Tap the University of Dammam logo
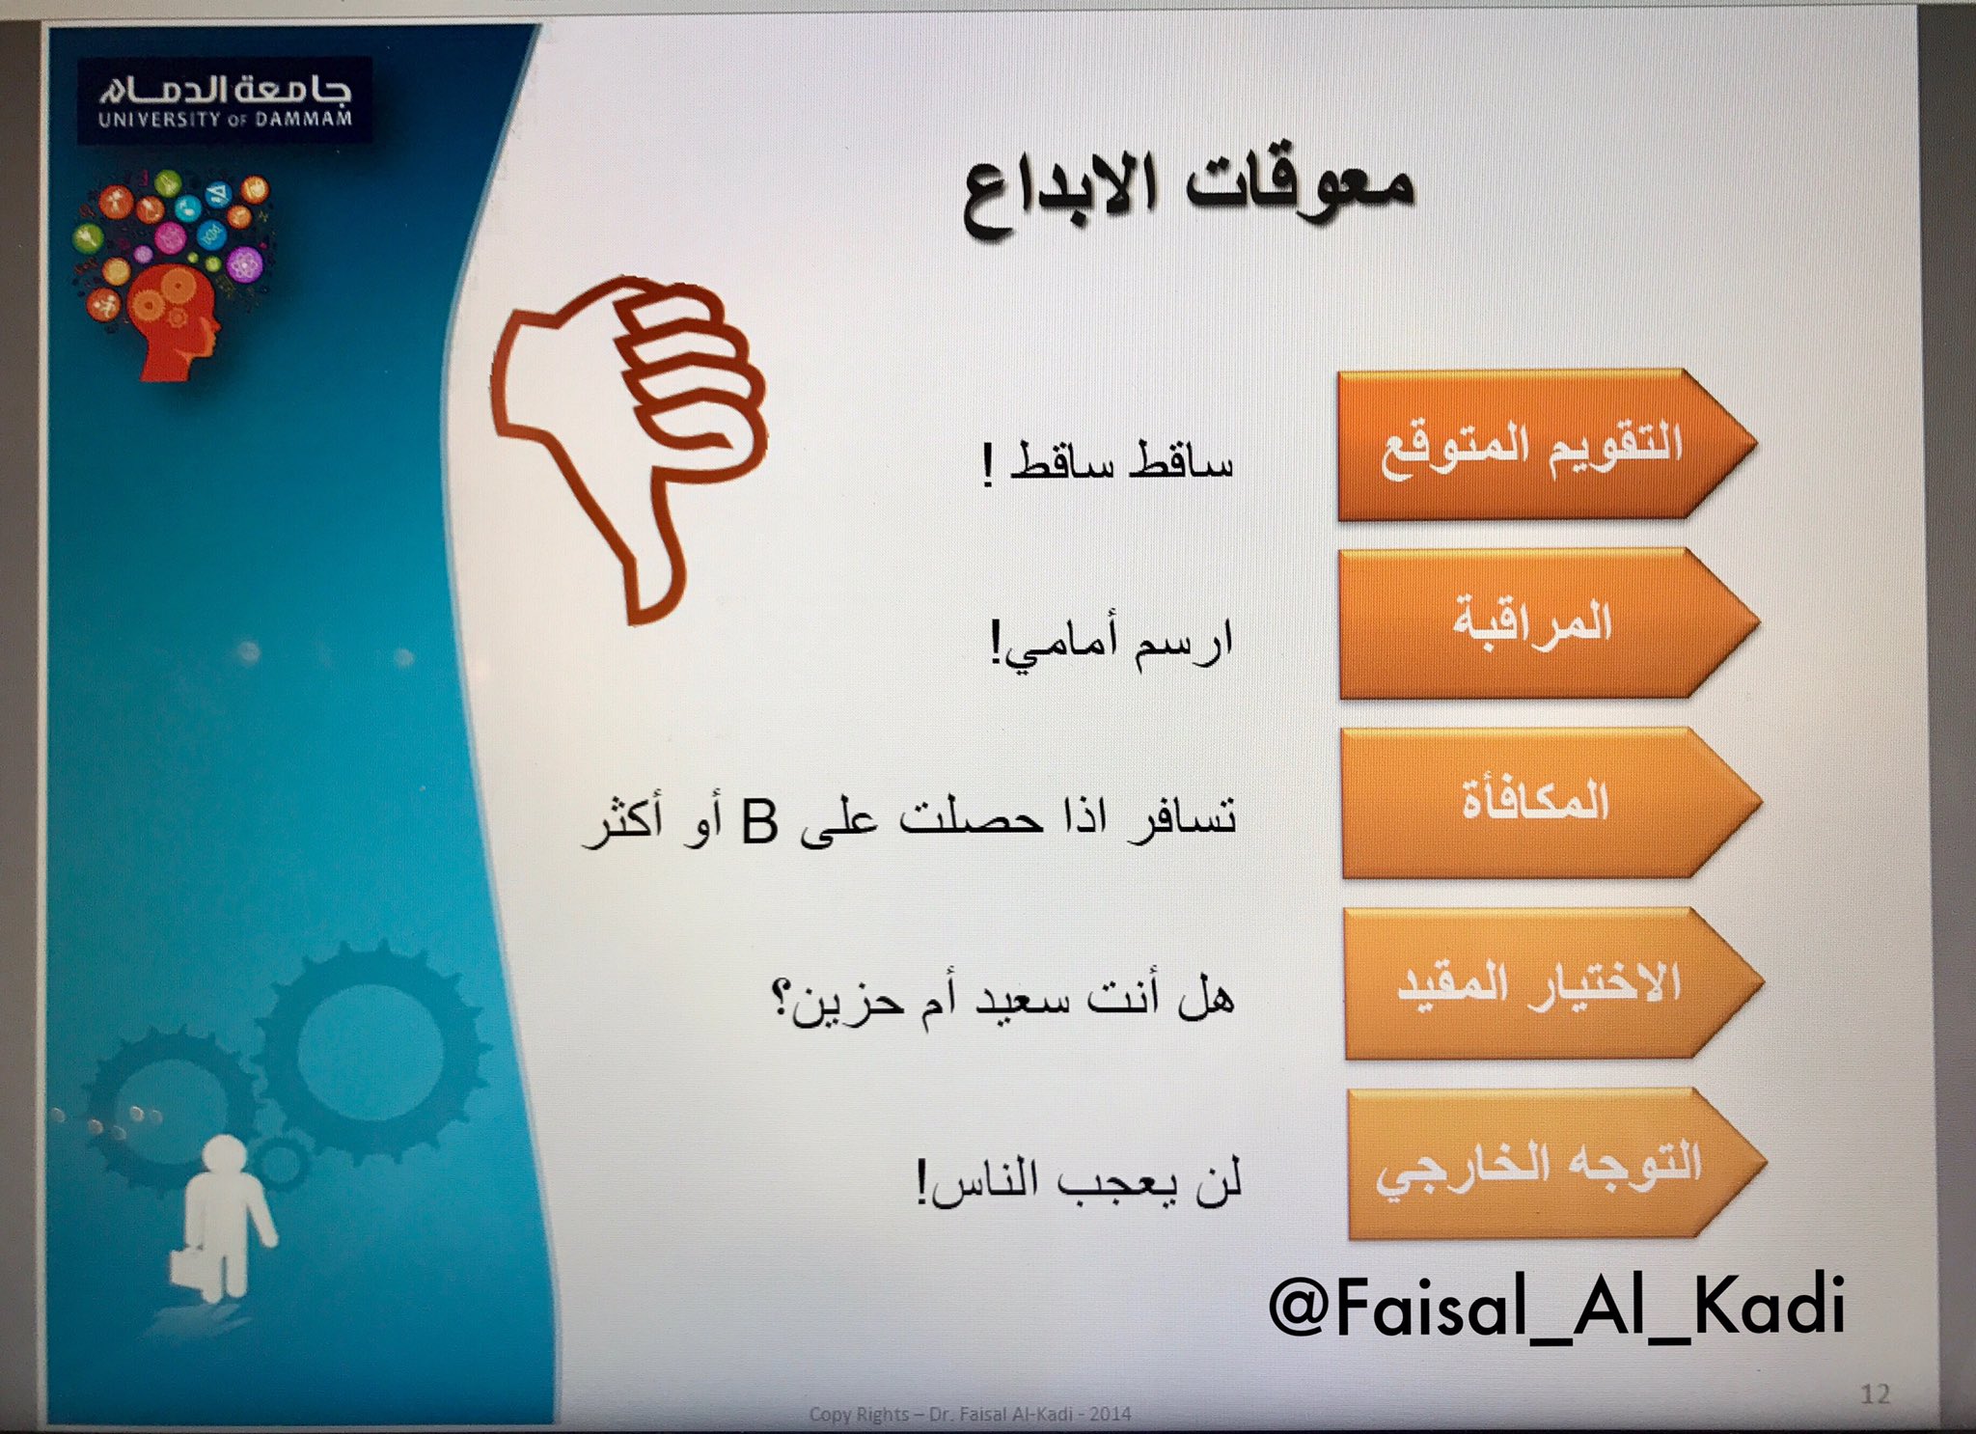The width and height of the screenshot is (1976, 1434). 225,101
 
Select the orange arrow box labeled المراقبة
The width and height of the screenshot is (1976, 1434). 1549,623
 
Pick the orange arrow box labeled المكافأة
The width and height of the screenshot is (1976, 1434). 1551,803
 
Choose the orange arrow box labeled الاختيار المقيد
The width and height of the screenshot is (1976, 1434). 1554,983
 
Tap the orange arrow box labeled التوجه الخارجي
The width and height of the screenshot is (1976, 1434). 1556,1164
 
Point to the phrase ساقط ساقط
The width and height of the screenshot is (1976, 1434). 1121,461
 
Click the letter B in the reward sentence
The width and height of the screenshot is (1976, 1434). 759,822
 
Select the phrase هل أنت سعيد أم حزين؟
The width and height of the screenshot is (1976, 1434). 1002,1000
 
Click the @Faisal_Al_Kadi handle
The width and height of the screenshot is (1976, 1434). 1556,1305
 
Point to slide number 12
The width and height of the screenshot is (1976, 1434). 1875,1393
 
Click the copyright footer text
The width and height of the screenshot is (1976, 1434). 970,1414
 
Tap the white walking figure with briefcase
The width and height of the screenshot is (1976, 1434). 222,1218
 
